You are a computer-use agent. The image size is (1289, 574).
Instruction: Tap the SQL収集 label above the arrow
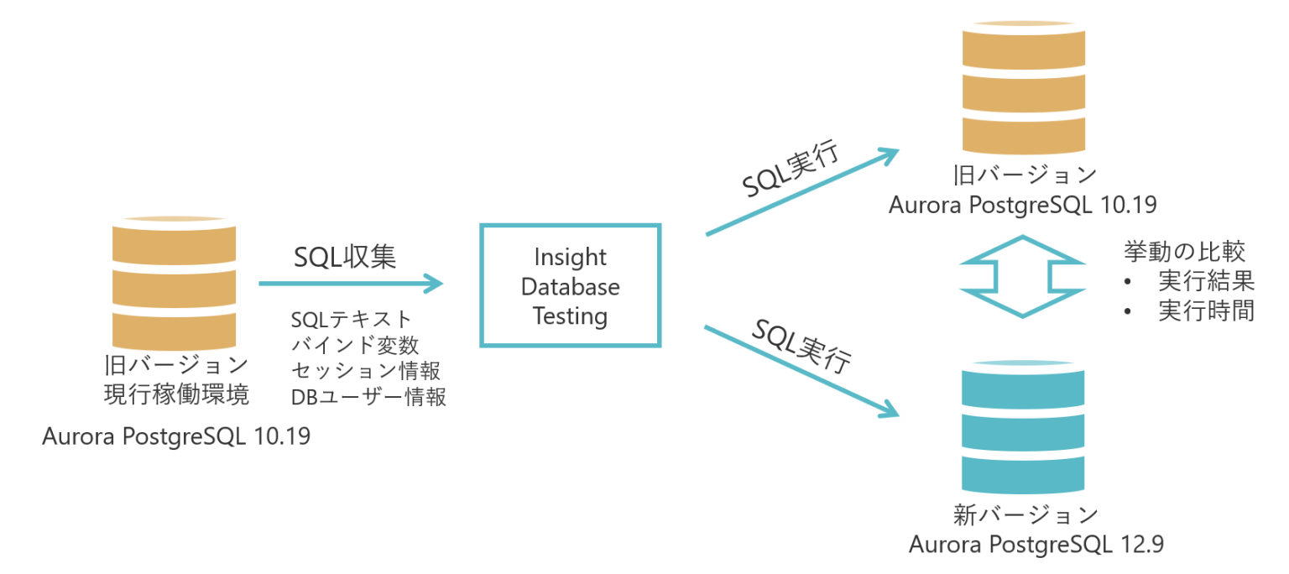tap(345, 257)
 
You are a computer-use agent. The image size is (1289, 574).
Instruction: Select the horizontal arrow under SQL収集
tap(351, 283)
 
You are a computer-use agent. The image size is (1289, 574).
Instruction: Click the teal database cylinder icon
tap(1023, 427)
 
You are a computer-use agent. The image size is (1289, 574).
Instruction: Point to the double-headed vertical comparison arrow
tap(1023, 276)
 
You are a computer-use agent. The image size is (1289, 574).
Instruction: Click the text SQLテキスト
tap(351, 319)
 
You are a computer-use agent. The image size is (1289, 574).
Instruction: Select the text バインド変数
tap(355, 345)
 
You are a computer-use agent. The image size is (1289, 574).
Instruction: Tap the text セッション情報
tap(366, 370)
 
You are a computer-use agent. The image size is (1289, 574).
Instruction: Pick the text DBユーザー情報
tap(368, 397)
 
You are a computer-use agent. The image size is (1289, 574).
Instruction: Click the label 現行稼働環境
tap(177, 394)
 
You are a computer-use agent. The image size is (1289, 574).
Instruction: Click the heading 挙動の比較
tap(1184, 252)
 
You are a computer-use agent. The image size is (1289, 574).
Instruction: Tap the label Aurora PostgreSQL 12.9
tap(1036, 544)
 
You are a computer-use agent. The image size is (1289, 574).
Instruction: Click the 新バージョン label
tap(1025, 515)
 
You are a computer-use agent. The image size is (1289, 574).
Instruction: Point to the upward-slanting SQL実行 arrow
tap(803, 192)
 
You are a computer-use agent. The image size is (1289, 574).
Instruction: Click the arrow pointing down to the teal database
tap(802, 372)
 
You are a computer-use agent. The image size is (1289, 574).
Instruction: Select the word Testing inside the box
tap(571, 316)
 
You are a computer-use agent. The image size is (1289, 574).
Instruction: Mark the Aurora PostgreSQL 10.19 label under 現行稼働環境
tap(176, 436)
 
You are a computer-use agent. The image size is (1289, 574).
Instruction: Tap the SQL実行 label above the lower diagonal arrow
tap(801, 346)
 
